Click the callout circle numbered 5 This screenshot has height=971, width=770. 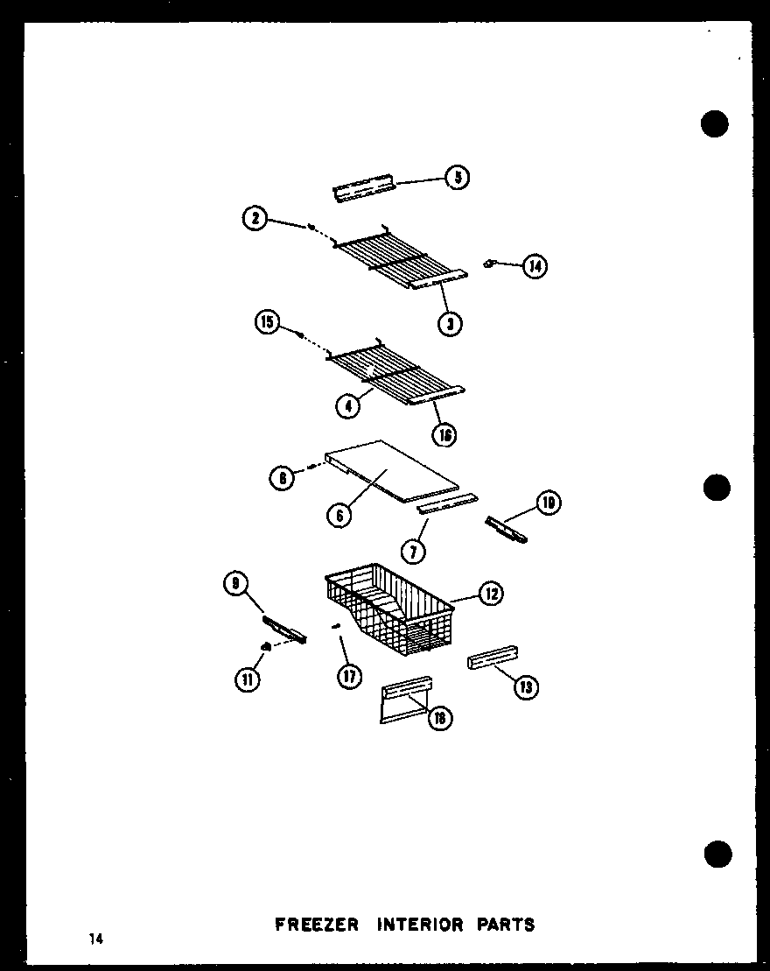457,178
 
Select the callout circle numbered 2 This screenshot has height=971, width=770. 255,219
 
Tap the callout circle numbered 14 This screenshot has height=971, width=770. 535,265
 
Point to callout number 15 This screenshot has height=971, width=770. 267,324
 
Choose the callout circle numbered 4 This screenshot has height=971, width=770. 348,405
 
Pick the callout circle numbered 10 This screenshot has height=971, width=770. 549,503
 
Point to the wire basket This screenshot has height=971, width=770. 389,609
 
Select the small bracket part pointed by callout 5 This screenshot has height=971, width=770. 364,190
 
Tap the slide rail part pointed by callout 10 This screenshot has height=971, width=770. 507,530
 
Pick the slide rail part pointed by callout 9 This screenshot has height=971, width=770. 285,628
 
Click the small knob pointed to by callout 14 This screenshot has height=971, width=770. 491,262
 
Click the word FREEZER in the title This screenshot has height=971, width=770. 317,924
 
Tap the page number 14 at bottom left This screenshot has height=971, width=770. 94,939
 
